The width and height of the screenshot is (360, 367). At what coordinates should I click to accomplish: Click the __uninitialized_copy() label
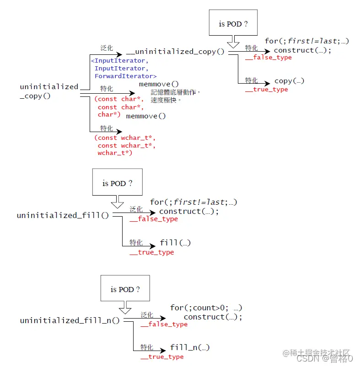point(175,52)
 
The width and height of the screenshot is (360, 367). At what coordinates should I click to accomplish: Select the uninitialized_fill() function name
point(63,215)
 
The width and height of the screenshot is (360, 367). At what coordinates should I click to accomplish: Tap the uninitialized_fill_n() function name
point(70,321)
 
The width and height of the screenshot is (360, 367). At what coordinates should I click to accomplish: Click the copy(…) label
point(289,81)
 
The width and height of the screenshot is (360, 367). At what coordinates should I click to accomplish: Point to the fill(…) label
point(175,243)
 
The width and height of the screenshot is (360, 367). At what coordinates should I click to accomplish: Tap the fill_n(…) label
point(190,347)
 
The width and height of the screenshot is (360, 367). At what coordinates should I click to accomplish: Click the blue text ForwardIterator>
point(125,76)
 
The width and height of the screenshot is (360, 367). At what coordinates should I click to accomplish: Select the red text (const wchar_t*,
point(125,138)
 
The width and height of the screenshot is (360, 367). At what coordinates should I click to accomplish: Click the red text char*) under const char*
point(109,115)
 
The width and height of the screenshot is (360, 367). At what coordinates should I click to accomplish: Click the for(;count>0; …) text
point(206,308)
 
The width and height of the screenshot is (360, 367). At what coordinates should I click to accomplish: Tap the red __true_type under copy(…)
point(267,90)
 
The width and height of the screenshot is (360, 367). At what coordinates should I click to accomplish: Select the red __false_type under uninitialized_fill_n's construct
point(164,324)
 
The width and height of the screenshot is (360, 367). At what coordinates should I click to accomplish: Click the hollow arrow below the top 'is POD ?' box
point(233,43)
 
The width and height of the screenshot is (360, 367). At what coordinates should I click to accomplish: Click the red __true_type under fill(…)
point(152,252)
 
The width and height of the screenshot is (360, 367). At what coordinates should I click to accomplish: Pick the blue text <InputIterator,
point(120,60)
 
